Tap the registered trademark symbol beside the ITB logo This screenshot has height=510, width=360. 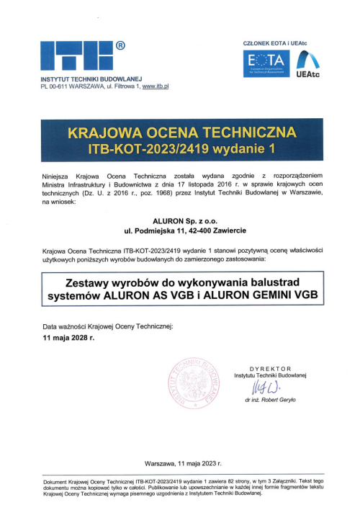pos(120,45)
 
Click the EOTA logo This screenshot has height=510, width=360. pos(266,64)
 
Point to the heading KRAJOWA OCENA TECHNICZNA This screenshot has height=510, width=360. pos(181,133)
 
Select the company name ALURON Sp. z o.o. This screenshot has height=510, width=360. pos(181,221)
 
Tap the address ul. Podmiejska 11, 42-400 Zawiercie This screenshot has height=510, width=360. pos(181,231)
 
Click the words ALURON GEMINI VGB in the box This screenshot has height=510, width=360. pos(264,295)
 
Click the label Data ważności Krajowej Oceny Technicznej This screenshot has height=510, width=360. pos(108,326)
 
